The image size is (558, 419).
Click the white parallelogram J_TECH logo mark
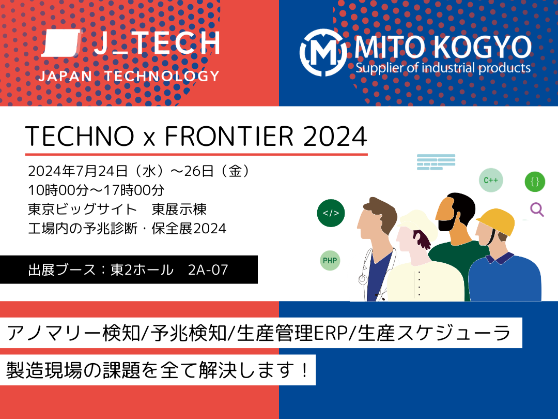[x=60, y=43]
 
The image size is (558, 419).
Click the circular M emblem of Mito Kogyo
[x=323, y=52]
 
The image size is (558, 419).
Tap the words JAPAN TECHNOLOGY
[x=129, y=76]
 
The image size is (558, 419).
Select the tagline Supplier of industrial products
[x=443, y=68]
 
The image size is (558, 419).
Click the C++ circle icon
[x=491, y=181]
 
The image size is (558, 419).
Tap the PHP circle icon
[x=330, y=260]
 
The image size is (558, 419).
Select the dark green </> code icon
[x=331, y=213]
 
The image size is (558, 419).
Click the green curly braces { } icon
[x=535, y=182]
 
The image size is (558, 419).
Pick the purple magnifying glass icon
[x=537, y=209]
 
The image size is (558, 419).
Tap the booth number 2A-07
[x=208, y=270]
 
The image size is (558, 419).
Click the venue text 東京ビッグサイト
[x=84, y=209]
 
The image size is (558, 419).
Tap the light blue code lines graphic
[x=436, y=162]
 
